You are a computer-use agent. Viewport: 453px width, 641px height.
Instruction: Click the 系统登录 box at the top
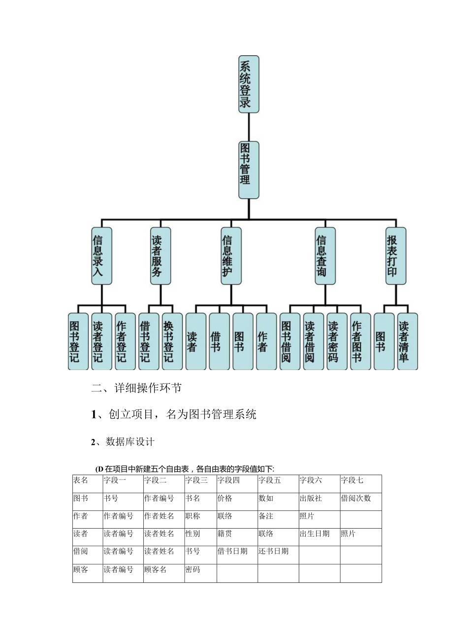coord(249,84)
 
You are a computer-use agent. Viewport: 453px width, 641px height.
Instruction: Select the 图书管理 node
coord(249,170)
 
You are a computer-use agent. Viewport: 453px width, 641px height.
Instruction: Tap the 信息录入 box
coord(101,256)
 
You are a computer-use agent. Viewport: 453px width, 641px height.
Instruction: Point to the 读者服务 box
coord(161,256)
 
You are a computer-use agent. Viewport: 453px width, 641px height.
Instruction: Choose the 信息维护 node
coord(231,256)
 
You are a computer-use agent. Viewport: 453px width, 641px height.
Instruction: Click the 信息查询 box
coord(325,256)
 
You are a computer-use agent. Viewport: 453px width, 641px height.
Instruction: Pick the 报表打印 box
coord(396,256)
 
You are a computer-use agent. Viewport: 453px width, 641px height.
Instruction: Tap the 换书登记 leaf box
coord(172,341)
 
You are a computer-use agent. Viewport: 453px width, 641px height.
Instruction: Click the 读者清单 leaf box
coord(407,341)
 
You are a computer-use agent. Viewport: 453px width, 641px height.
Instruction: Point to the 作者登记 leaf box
coord(125,341)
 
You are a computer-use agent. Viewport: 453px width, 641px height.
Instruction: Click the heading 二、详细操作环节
coord(136,388)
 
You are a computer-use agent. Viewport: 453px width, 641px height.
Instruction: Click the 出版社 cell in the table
coord(311,499)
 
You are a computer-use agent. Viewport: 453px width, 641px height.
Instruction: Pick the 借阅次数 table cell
coord(356,499)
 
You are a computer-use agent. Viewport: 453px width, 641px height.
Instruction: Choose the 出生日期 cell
coord(315,534)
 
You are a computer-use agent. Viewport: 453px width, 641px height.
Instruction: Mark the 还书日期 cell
coord(273,552)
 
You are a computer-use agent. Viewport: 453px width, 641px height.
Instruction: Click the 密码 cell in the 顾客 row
coord(193,570)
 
